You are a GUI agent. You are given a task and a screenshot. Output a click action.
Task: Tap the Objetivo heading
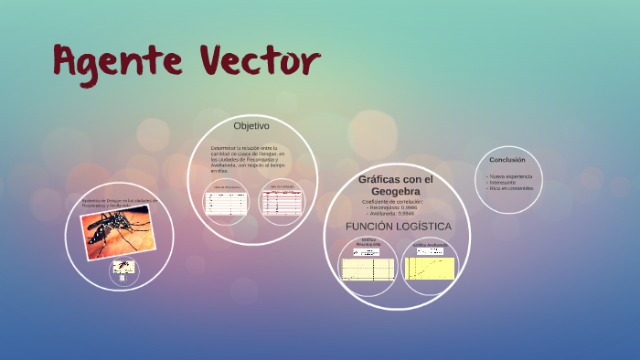tap(251, 125)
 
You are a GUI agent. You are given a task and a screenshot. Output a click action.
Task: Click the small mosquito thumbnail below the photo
tap(123, 269)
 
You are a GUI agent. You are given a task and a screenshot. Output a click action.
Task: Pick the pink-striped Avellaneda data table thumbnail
tap(282, 202)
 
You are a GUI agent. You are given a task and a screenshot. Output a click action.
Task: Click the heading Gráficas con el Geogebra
tap(396, 185)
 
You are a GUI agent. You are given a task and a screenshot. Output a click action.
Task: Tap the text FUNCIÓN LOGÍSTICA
tap(398, 225)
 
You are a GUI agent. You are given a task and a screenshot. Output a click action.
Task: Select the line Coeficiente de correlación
tap(392, 201)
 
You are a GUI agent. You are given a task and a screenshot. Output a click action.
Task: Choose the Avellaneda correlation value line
tap(395, 213)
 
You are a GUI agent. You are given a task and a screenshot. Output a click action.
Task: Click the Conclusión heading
tap(507, 160)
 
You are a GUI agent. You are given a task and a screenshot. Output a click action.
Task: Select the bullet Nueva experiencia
tap(510, 175)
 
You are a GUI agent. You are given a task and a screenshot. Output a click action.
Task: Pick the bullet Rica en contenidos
tap(510, 188)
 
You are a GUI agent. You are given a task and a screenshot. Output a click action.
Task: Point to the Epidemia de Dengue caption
tap(119, 202)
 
